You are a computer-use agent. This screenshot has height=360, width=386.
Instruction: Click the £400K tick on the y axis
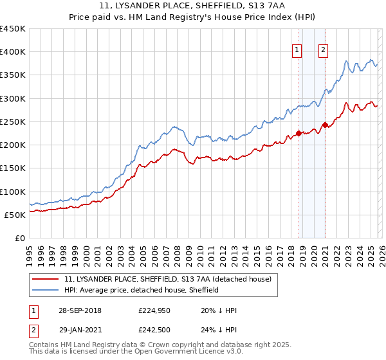tap(13, 52)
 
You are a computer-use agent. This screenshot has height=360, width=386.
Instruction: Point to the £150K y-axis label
tap(13, 168)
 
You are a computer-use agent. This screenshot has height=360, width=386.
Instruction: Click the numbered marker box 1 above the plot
tap(297, 51)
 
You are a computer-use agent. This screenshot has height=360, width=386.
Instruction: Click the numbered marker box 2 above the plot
tap(323, 51)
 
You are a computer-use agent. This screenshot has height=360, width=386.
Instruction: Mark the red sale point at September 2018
tap(299, 134)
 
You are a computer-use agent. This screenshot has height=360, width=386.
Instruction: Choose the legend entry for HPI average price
tap(142, 290)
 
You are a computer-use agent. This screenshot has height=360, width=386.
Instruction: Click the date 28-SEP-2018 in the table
tap(80, 310)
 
